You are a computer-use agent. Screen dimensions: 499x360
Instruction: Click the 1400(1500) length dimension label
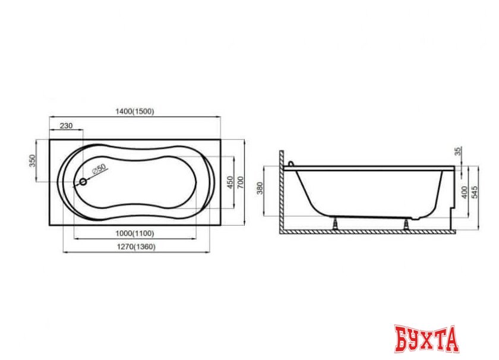(x=135, y=112)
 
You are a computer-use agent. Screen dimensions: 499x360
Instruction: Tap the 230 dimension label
(x=66, y=126)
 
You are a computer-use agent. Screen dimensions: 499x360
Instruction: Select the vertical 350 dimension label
(x=33, y=161)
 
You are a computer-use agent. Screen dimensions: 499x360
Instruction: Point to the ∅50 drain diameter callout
(x=99, y=169)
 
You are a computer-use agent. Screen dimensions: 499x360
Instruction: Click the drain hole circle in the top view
(x=83, y=182)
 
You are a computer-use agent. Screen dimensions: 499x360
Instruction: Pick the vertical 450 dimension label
(x=230, y=182)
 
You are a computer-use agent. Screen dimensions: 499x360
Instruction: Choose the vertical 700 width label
(x=241, y=182)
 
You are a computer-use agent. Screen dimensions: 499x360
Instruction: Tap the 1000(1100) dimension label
(x=135, y=233)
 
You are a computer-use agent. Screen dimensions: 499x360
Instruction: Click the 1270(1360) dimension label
(x=136, y=247)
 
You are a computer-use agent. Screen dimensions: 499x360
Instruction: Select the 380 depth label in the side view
(x=260, y=188)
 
